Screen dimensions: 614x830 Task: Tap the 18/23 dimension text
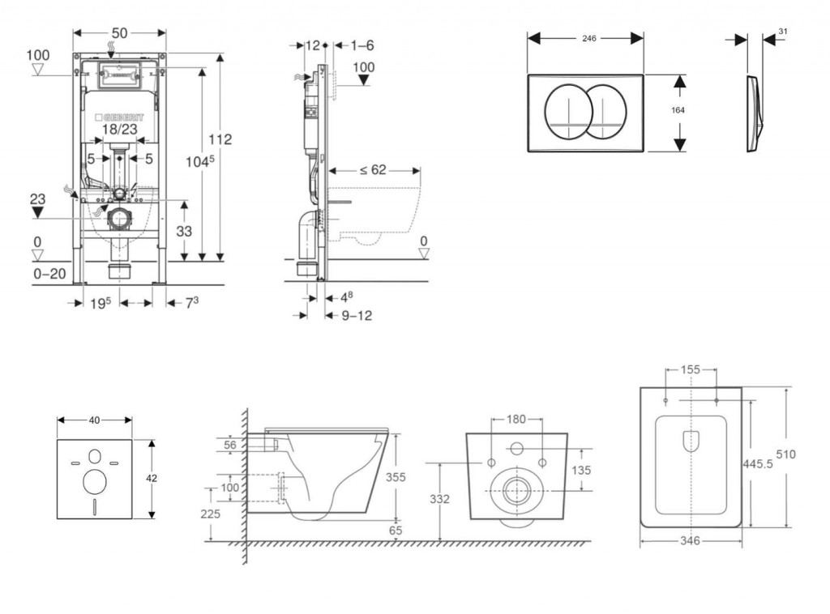click(x=119, y=129)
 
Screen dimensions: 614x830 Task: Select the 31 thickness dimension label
click(x=782, y=31)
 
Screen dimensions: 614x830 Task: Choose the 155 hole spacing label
click(x=691, y=369)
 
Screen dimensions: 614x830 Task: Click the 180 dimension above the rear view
click(x=516, y=419)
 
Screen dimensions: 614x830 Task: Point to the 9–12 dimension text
click(x=356, y=315)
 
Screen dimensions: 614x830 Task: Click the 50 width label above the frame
click(x=120, y=32)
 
